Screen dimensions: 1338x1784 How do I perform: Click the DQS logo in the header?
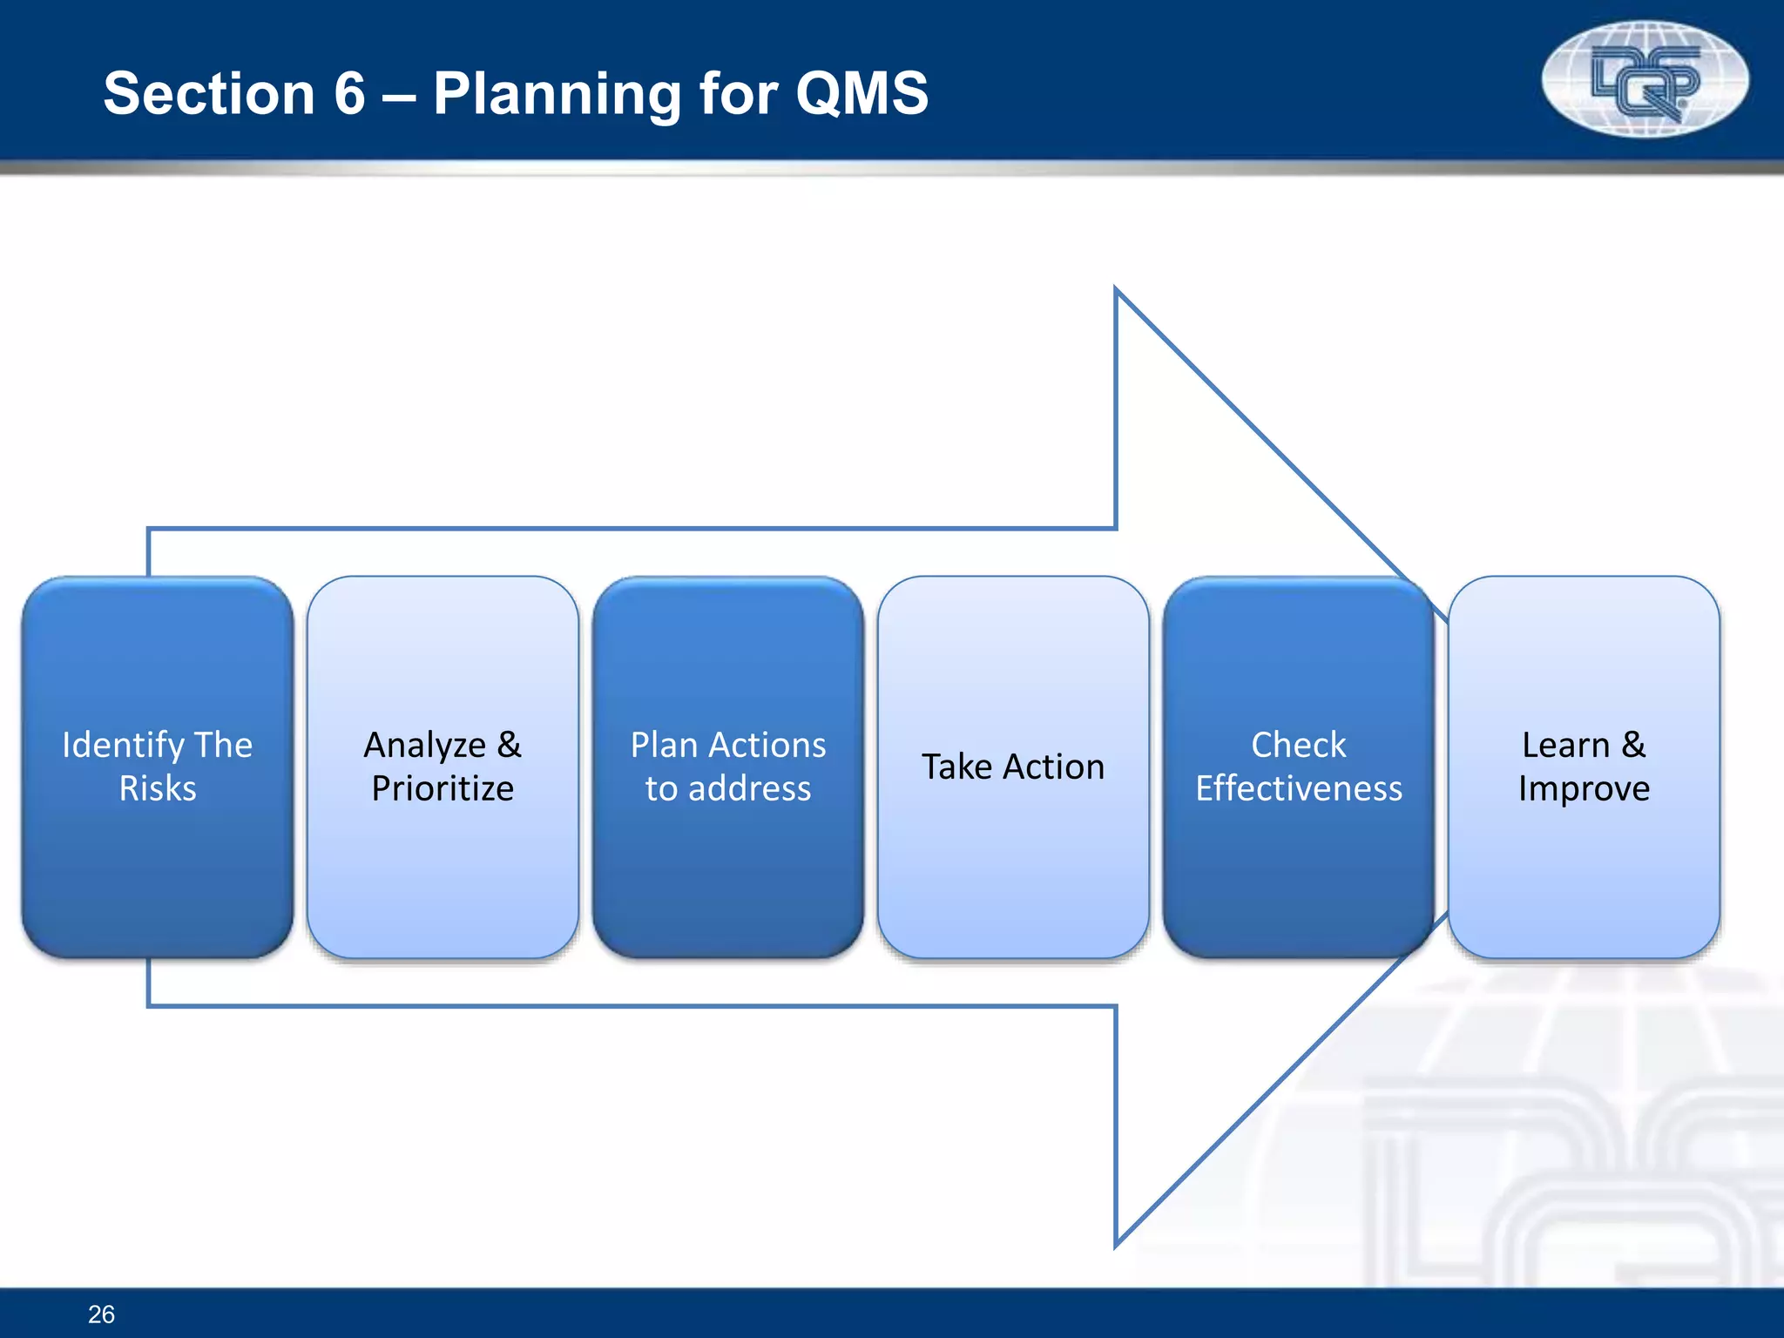pyautogui.click(x=1645, y=80)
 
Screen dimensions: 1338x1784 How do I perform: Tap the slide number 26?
pyautogui.click(x=101, y=1314)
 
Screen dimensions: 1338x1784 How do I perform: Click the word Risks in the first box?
pyautogui.click(x=158, y=788)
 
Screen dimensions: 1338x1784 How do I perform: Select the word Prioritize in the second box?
pyautogui.click(x=443, y=788)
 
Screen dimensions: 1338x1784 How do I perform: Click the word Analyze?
pyautogui.click(x=424, y=746)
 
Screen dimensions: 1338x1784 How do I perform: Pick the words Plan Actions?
pyautogui.click(x=728, y=746)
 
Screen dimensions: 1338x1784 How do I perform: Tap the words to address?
pyautogui.click(x=728, y=788)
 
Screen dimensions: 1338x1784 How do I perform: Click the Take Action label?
pyautogui.click(x=1013, y=767)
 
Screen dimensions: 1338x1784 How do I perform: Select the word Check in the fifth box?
pyautogui.click(x=1298, y=746)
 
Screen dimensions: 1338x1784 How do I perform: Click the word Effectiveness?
pyautogui.click(x=1298, y=788)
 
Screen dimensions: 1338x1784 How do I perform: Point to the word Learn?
pyautogui.click(x=1565, y=746)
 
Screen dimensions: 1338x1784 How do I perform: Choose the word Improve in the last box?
pyautogui.click(x=1584, y=788)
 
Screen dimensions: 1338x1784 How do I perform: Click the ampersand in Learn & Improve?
pyautogui.click(x=1633, y=745)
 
